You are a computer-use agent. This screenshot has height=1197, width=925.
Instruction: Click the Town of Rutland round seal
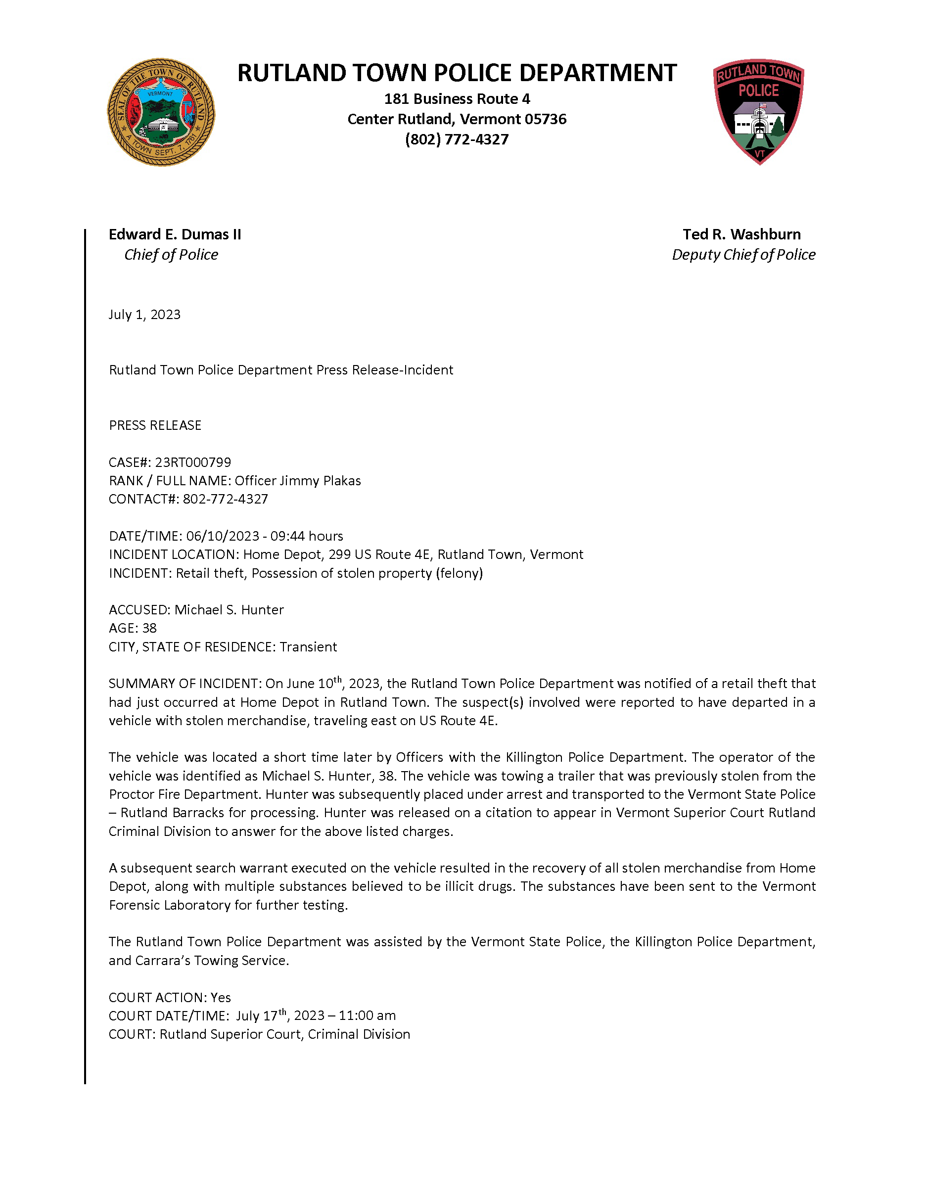[161, 112]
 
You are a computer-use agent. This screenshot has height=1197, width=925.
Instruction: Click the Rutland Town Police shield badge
[758, 111]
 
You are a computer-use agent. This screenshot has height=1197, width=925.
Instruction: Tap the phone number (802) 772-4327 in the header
[457, 140]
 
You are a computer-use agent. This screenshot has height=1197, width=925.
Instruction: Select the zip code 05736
[545, 120]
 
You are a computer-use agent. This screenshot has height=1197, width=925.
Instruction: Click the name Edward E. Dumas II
[175, 234]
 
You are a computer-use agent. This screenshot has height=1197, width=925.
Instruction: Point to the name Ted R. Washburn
[741, 234]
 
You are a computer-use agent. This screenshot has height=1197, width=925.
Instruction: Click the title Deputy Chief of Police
[743, 255]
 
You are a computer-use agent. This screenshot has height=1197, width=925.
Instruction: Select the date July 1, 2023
[144, 315]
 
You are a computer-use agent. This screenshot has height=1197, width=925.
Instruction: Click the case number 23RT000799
[193, 462]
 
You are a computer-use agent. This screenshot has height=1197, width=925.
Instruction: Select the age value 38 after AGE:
[149, 628]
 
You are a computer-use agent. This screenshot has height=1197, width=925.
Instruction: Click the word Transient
[309, 647]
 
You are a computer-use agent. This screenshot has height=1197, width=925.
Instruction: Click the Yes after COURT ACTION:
[221, 998]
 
